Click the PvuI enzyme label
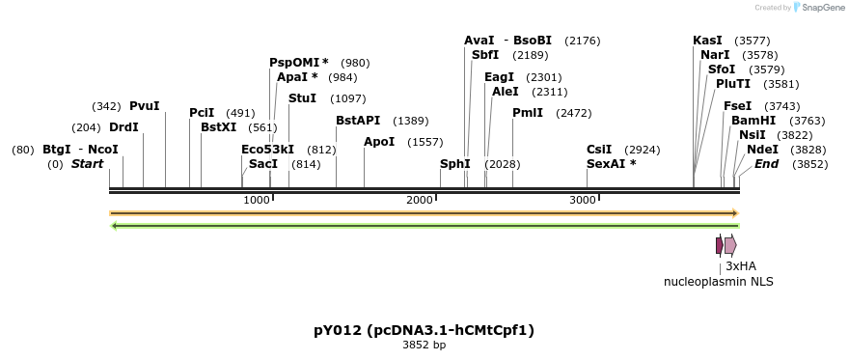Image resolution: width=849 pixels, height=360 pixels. coord(145,106)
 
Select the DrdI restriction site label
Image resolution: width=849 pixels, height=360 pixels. coord(123,127)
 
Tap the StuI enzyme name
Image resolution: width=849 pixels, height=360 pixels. coord(302,98)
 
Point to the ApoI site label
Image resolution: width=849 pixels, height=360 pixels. coord(379,142)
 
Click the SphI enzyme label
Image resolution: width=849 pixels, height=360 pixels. coord(455,164)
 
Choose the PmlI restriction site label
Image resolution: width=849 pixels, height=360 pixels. coord(528,113)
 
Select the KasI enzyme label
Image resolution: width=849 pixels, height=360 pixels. coord(707,41)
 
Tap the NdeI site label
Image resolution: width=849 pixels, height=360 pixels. coord(762,150)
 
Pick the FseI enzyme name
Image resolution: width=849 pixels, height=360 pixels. coord(738,106)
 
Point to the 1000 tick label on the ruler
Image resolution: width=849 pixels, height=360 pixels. coord(257,200)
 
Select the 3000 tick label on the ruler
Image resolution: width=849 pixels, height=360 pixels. coord(583,200)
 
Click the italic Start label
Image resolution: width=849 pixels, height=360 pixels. coord(87,164)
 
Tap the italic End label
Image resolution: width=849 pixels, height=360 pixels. coord(766,164)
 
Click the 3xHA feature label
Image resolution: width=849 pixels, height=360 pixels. coord(741,265)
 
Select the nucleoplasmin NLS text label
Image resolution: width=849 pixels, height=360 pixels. coord(718,282)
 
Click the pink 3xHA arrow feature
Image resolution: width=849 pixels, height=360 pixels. coord(731,245)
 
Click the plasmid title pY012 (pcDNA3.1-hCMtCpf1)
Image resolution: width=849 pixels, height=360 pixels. coord(424,330)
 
